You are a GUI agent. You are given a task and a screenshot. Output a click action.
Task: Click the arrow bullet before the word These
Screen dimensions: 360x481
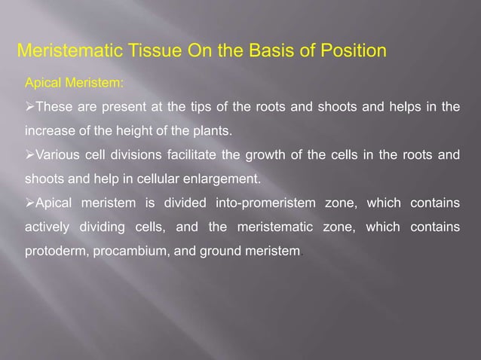click(x=20, y=107)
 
